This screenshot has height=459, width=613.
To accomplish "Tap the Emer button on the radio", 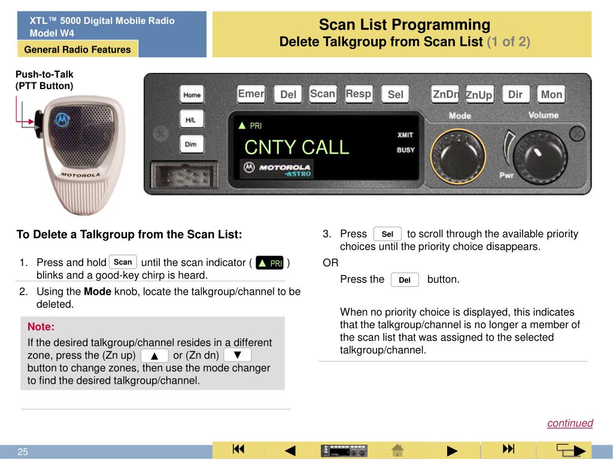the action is click(251, 94).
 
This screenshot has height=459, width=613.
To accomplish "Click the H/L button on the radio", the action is click(191, 120).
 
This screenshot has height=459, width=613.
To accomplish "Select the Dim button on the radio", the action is click(191, 145).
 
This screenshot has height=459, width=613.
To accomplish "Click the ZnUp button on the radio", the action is click(480, 94).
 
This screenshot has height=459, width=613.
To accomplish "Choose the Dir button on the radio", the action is click(515, 94).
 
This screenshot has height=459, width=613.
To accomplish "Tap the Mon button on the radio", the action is click(551, 94).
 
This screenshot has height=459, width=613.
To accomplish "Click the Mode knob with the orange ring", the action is click(458, 157).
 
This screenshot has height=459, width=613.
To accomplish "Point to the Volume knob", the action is click(540, 157).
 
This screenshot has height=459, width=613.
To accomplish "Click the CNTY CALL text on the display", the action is click(297, 147).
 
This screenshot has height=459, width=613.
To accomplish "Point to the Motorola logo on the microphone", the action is click(62, 120).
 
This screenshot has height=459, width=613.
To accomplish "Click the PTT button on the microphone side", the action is click(38, 124).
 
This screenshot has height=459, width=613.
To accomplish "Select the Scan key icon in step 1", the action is click(123, 262).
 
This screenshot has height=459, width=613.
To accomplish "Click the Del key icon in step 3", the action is click(405, 280).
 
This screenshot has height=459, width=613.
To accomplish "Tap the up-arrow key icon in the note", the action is click(154, 356).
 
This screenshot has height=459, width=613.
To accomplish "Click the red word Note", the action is click(41, 327).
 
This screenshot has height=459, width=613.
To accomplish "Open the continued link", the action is click(570, 423).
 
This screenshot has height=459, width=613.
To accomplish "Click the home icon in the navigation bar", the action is click(397, 450).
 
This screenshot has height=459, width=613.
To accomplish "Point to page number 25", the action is click(23, 452).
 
